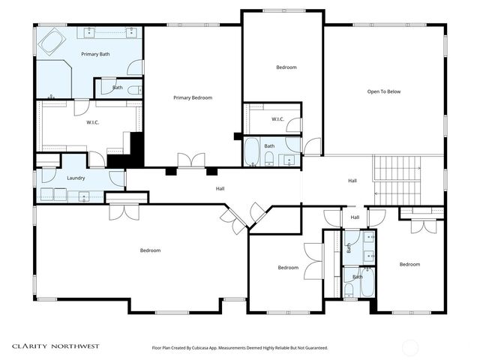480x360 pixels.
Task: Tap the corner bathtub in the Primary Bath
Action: pyautogui.click(x=52, y=42)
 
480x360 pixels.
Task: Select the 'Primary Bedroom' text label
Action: pyautogui.click(x=193, y=97)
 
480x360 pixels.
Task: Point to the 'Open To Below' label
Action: pyautogui.click(x=384, y=91)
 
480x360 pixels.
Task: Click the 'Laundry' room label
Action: pyautogui.click(x=76, y=178)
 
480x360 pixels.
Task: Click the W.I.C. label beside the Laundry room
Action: pyautogui.click(x=94, y=122)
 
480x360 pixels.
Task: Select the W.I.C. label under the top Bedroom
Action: pyautogui.click(x=277, y=118)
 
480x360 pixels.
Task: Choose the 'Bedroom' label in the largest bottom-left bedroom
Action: pyautogui.click(x=150, y=250)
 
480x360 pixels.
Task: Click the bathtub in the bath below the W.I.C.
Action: pyautogui.click(x=252, y=152)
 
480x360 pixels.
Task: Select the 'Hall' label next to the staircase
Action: pyautogui.click(x=352, y=181)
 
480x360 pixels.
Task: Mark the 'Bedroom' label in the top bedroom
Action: pyautogui.click(x=286, y=67)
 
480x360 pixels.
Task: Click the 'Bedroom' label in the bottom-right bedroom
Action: pyautogui.click(x=409, y=264)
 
